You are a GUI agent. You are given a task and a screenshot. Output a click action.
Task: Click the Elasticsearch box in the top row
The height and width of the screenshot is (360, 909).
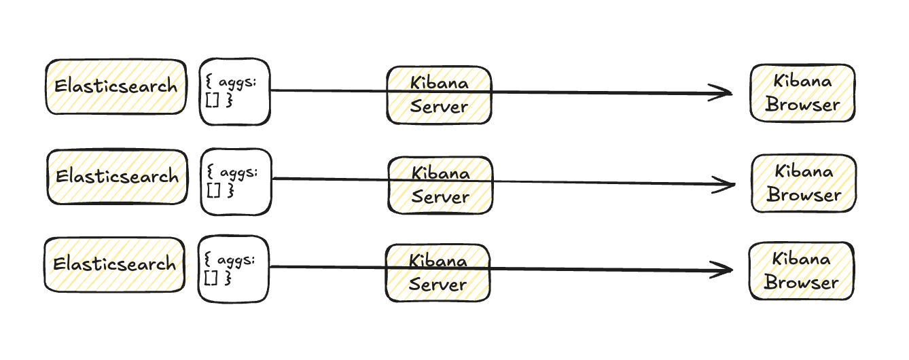tap(115, 86)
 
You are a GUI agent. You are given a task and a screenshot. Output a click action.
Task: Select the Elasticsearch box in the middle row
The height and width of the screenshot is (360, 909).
tap(117, 177)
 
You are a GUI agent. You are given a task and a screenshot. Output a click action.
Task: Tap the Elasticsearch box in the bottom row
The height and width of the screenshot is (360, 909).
tap(114, 264)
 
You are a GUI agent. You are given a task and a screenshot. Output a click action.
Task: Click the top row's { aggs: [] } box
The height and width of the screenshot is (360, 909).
tap(234, 92)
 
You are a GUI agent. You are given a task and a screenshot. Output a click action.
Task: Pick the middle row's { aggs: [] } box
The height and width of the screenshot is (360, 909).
tap(236, 182)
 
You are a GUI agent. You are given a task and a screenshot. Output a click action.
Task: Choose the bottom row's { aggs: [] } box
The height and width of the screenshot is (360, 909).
tap(234, 269)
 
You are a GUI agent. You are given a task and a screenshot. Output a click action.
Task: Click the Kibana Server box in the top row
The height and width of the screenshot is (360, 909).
tap(439, 95)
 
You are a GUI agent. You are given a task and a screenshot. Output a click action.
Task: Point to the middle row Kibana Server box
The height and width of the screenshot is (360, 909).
tap(440, 185)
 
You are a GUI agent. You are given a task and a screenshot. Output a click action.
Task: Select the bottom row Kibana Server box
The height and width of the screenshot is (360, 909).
tap(438, 272)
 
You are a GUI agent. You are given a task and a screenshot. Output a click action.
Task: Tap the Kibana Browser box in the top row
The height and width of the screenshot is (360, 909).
tap(802, 93)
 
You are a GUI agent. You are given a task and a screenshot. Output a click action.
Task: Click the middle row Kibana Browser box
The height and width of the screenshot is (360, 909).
tap(804, 183)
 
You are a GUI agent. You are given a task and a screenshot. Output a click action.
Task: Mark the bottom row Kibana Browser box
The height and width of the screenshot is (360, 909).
tap(801, 271)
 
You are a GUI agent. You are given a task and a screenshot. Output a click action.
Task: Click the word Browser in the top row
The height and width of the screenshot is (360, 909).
tap(802, 105)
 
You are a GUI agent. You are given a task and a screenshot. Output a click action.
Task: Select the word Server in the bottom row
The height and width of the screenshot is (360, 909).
tap(438, 285)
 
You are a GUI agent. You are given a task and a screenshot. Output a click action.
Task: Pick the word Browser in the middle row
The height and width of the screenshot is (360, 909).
tap(804, 196)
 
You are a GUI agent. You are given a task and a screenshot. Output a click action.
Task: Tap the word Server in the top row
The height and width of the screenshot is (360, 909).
tap(439, 107)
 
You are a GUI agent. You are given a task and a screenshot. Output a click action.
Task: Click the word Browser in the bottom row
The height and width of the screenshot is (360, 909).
tap(801, 283)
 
